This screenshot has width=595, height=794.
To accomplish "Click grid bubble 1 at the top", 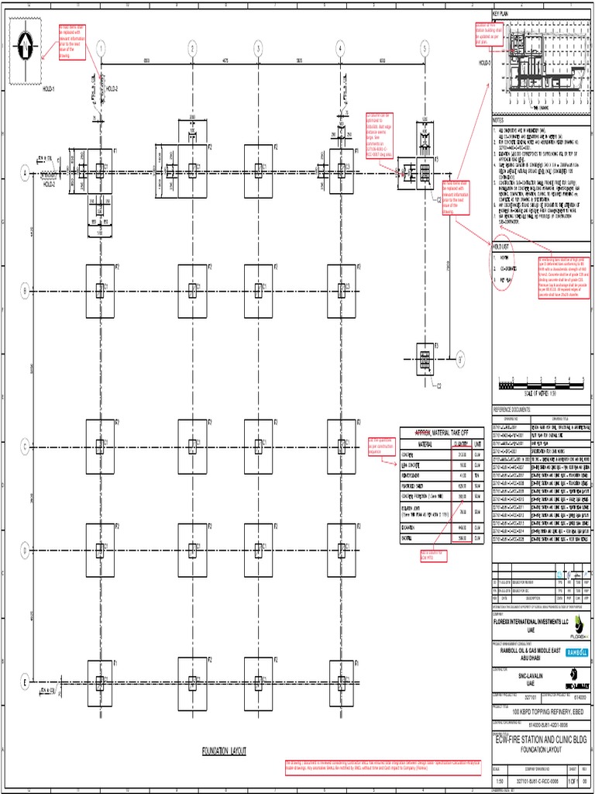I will click(101, 48).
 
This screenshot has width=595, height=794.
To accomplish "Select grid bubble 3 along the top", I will click(258, 48).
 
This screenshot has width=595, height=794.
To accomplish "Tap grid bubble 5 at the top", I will click(424, 48).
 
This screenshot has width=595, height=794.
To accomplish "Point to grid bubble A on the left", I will click(25, 174).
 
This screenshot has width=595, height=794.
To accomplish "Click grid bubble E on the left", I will click(25, 682).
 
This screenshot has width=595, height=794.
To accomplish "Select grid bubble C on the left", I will click(25, 447).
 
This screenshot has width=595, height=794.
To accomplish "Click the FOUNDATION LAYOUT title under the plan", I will click(223, 751).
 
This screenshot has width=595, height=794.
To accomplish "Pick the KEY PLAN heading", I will click(500, 14).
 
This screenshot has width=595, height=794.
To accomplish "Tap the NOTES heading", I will click(498, 120).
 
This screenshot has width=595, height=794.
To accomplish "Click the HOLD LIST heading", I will click(503, 245).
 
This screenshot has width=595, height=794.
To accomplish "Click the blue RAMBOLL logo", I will click(577, 653).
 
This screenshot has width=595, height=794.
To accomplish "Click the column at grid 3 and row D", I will click(258, 551).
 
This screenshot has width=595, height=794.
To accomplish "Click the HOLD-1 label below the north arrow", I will click(48, 89).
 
